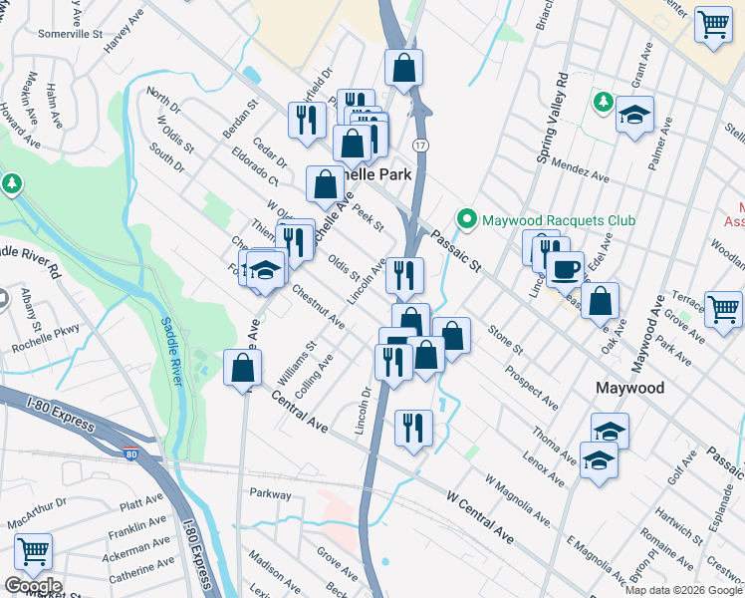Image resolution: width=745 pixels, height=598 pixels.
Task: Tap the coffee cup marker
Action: click(565, 269)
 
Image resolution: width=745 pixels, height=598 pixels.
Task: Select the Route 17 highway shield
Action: click(422, 146)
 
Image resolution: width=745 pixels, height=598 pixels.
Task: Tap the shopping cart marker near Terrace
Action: click(722, 308)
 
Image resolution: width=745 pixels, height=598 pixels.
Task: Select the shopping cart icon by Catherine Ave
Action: click(33, 550)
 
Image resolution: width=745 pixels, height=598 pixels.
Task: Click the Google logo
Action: click(33, 586)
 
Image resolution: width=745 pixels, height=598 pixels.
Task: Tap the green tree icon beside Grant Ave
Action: click(603, 101)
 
